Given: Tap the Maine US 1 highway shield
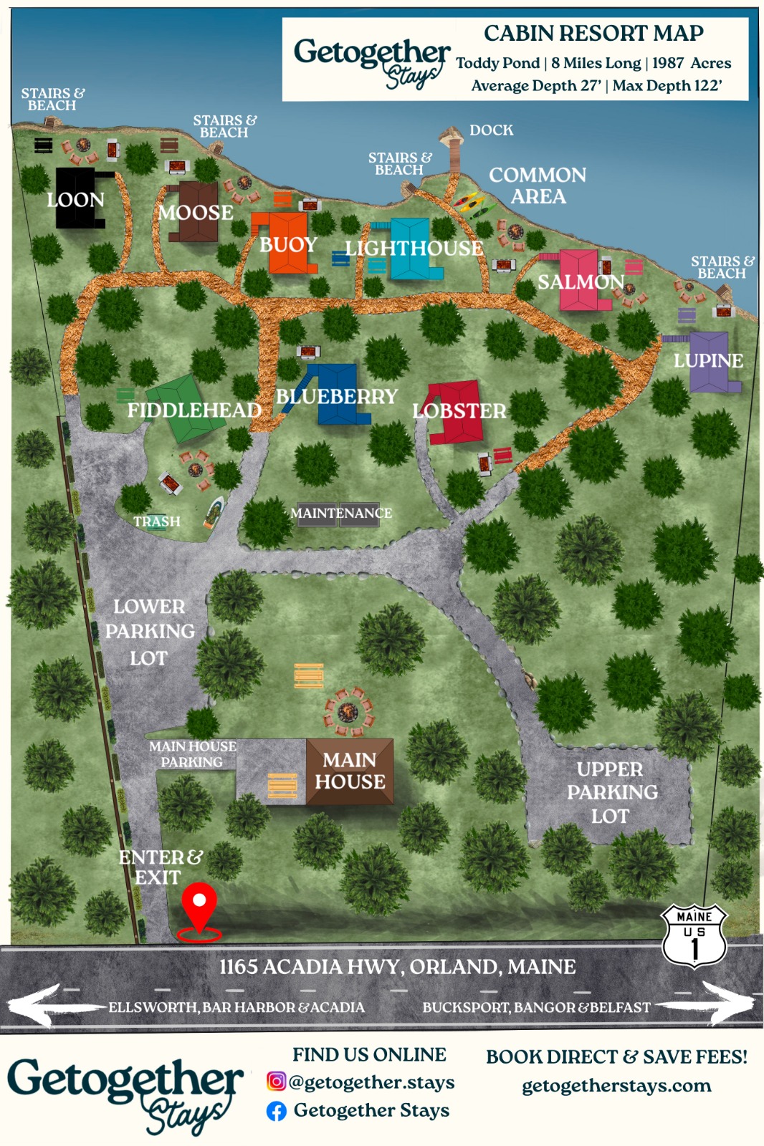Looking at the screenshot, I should pyautogui.click(x=694, y=936).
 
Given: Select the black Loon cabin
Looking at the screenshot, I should pyautogui.click(x=77, y=198).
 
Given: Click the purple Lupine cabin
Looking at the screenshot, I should pyautogui.click(x=710, y=361).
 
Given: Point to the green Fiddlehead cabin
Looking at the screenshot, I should pyautogui.click(x=185, y=410).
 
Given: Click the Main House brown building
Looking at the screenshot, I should pyautogui.click(x=350, y=771).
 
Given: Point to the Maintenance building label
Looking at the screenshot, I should pyautogui.click(x=340, y=514).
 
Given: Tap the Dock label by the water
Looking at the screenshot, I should pyautogui.click(x=491, y=130).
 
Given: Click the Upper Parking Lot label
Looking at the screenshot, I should pyautogui.click(x=611, y=792).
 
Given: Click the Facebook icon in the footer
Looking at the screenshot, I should pyautogui.click(x=277, y=1111).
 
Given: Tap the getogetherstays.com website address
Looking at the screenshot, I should pyautogui.click(x=616, y=1086).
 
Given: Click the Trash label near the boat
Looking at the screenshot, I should pyautogui.click(x=157, y=521).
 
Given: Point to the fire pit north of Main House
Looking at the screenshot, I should pyautogui.click(x=348, y=711).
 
